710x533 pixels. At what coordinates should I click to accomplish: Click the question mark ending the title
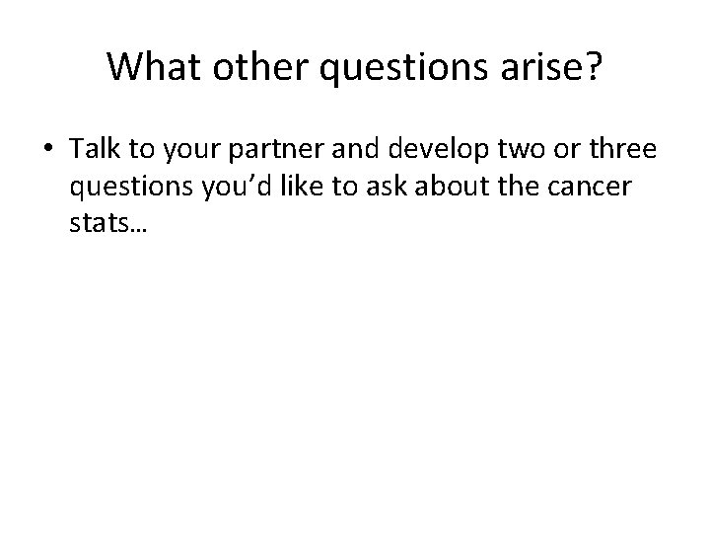590,66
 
